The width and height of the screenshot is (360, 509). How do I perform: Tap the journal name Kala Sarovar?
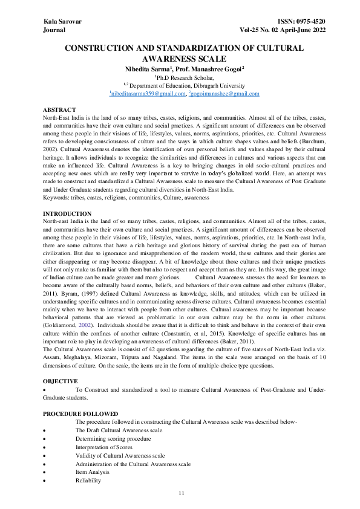[x=62, y=21]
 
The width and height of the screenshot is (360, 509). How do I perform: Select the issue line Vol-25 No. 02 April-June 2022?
[x=274, y=29]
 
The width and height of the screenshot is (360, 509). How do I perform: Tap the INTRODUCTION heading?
[x=67, y=214]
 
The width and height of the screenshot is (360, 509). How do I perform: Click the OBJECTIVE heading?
[x=61, y=381]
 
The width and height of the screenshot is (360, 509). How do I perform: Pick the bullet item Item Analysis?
[x=93, y=472]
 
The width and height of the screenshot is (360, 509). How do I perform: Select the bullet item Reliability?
[x=88, y=480]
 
